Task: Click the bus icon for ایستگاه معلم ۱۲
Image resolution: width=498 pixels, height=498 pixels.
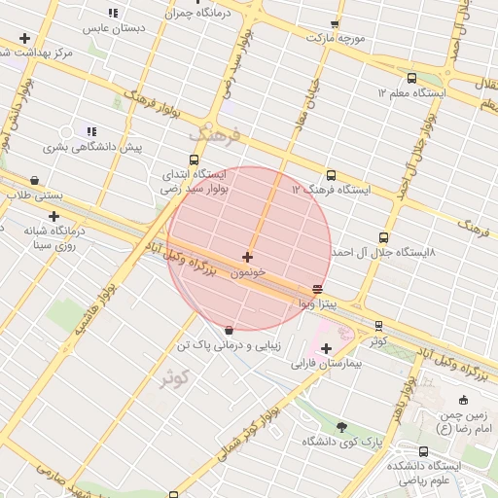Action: (411, 78)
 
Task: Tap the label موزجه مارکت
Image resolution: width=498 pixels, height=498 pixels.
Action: (336, 38)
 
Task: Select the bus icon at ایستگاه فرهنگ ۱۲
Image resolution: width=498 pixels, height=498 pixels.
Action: (332, 176)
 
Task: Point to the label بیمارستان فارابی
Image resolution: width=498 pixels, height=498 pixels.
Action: (326, 364)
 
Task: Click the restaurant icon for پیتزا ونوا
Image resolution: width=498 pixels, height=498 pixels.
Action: (317, 289)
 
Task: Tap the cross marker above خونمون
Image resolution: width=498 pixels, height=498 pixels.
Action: (247, 258)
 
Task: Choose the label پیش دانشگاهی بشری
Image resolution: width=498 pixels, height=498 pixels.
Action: (91, 147)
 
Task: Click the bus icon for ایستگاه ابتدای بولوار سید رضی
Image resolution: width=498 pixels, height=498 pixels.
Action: (194, 160)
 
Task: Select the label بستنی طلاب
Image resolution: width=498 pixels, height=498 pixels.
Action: (35, 196)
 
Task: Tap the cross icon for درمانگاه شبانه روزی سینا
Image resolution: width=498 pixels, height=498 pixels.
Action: (53, 216)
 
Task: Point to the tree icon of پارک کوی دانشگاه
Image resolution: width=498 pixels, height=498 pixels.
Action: (340, 427)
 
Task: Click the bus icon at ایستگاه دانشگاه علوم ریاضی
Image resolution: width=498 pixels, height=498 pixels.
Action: (424, 452)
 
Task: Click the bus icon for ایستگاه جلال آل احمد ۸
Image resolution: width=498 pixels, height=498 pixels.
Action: (383, 237)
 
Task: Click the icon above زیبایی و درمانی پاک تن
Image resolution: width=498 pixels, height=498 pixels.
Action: (229, 330)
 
